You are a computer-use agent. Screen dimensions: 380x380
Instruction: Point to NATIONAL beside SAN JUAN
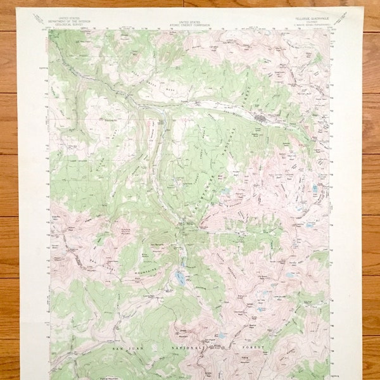(186, 348)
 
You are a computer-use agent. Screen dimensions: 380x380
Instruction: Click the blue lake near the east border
(315, 188)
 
